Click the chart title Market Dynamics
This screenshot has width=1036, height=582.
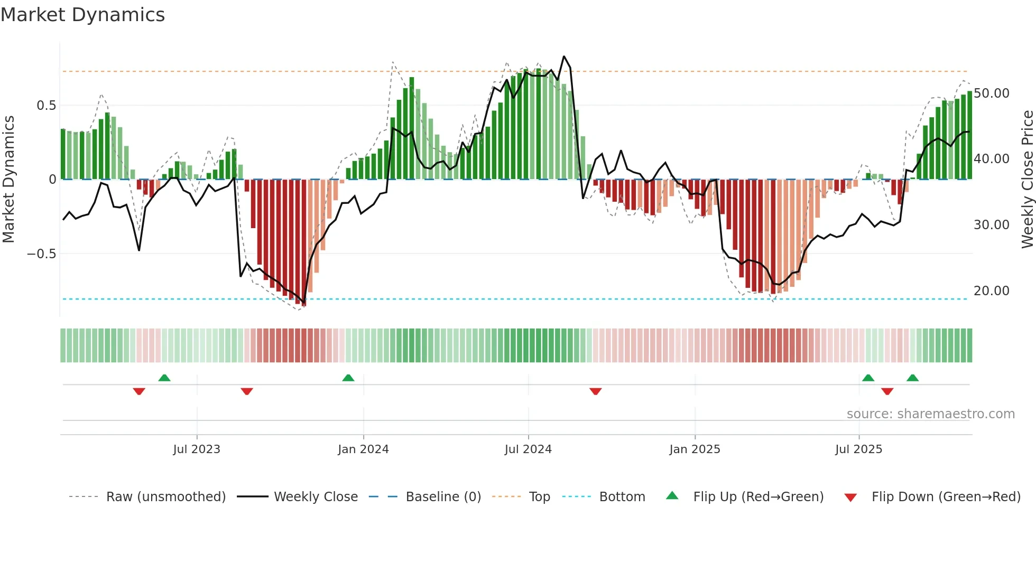82,15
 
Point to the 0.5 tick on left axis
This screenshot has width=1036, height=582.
46,106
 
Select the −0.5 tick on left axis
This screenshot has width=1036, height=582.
42,254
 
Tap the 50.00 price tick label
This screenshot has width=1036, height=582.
992,93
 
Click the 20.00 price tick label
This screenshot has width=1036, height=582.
992,291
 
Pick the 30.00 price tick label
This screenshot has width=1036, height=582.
992,225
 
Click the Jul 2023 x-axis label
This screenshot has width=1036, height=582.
197,449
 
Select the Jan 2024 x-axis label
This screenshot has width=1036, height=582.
363,449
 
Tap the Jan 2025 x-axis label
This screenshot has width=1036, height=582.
695,449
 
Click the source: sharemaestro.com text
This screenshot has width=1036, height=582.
930,414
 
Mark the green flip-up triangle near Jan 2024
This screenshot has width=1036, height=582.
348,378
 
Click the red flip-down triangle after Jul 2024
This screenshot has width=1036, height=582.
596,391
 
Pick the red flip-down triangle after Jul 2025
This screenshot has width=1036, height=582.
887,391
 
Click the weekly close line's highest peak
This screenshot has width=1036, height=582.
564,57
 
